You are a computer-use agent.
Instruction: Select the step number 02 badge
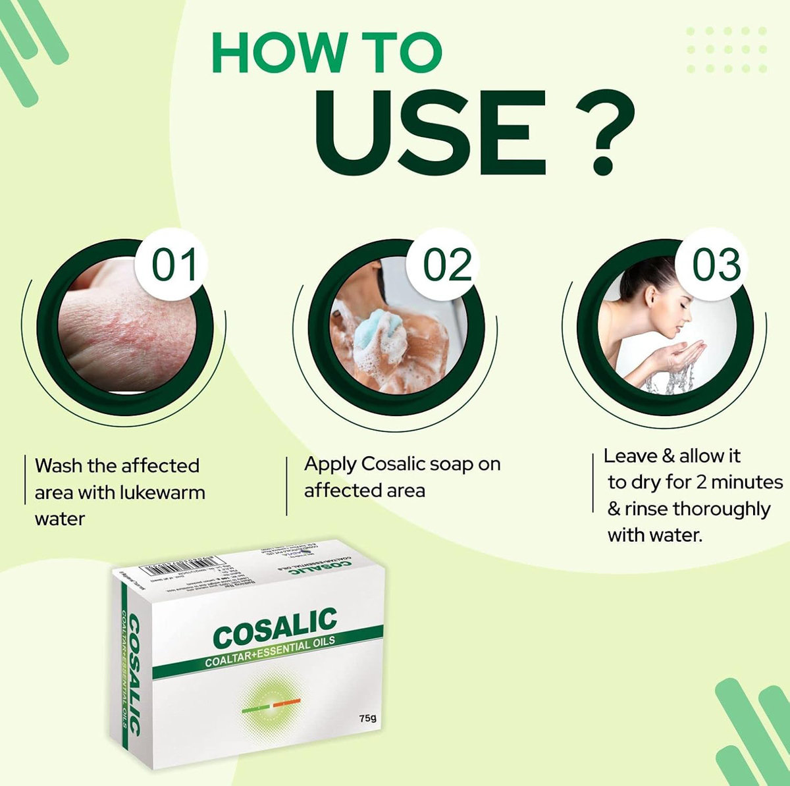point(447,265)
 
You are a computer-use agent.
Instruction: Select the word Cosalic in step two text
point(393,464)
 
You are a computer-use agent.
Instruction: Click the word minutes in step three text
point(747,483)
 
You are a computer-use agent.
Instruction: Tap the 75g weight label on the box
point(367,718)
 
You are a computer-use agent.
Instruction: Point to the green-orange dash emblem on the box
point(271,707)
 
